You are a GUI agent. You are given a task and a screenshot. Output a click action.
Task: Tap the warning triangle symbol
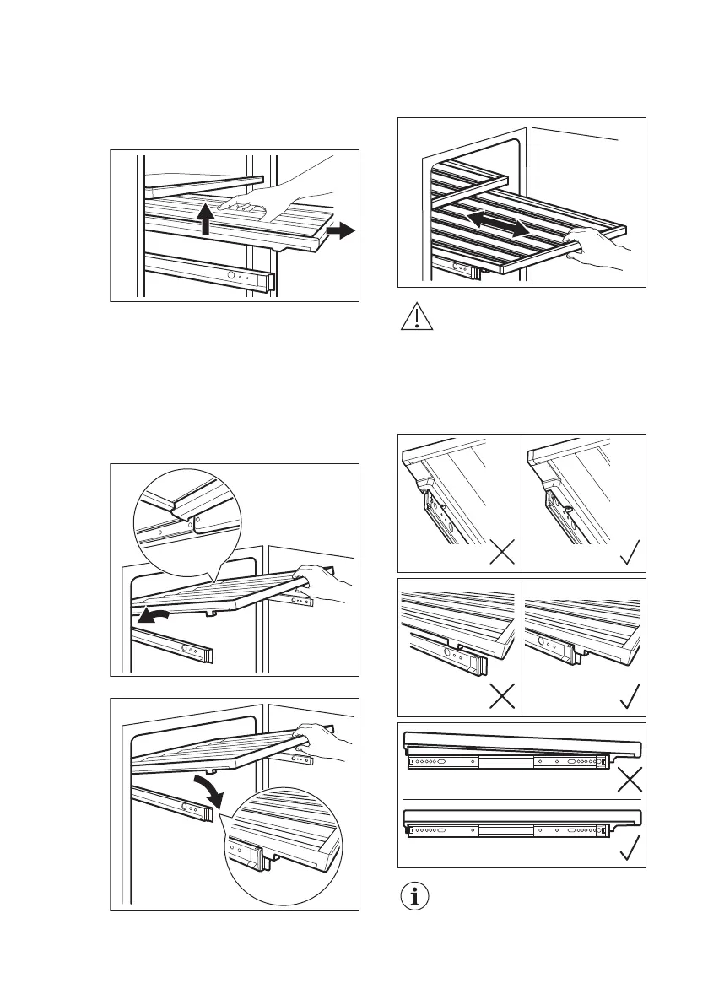coord(414,318)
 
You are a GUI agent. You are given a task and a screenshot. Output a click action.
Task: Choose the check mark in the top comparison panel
coord(628,554)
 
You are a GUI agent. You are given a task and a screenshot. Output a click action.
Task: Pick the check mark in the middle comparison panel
coord(628,697)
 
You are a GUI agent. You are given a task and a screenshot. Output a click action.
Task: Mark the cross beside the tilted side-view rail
coord(628,777)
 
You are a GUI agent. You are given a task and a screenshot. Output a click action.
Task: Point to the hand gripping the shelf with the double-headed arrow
coord(595,249)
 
